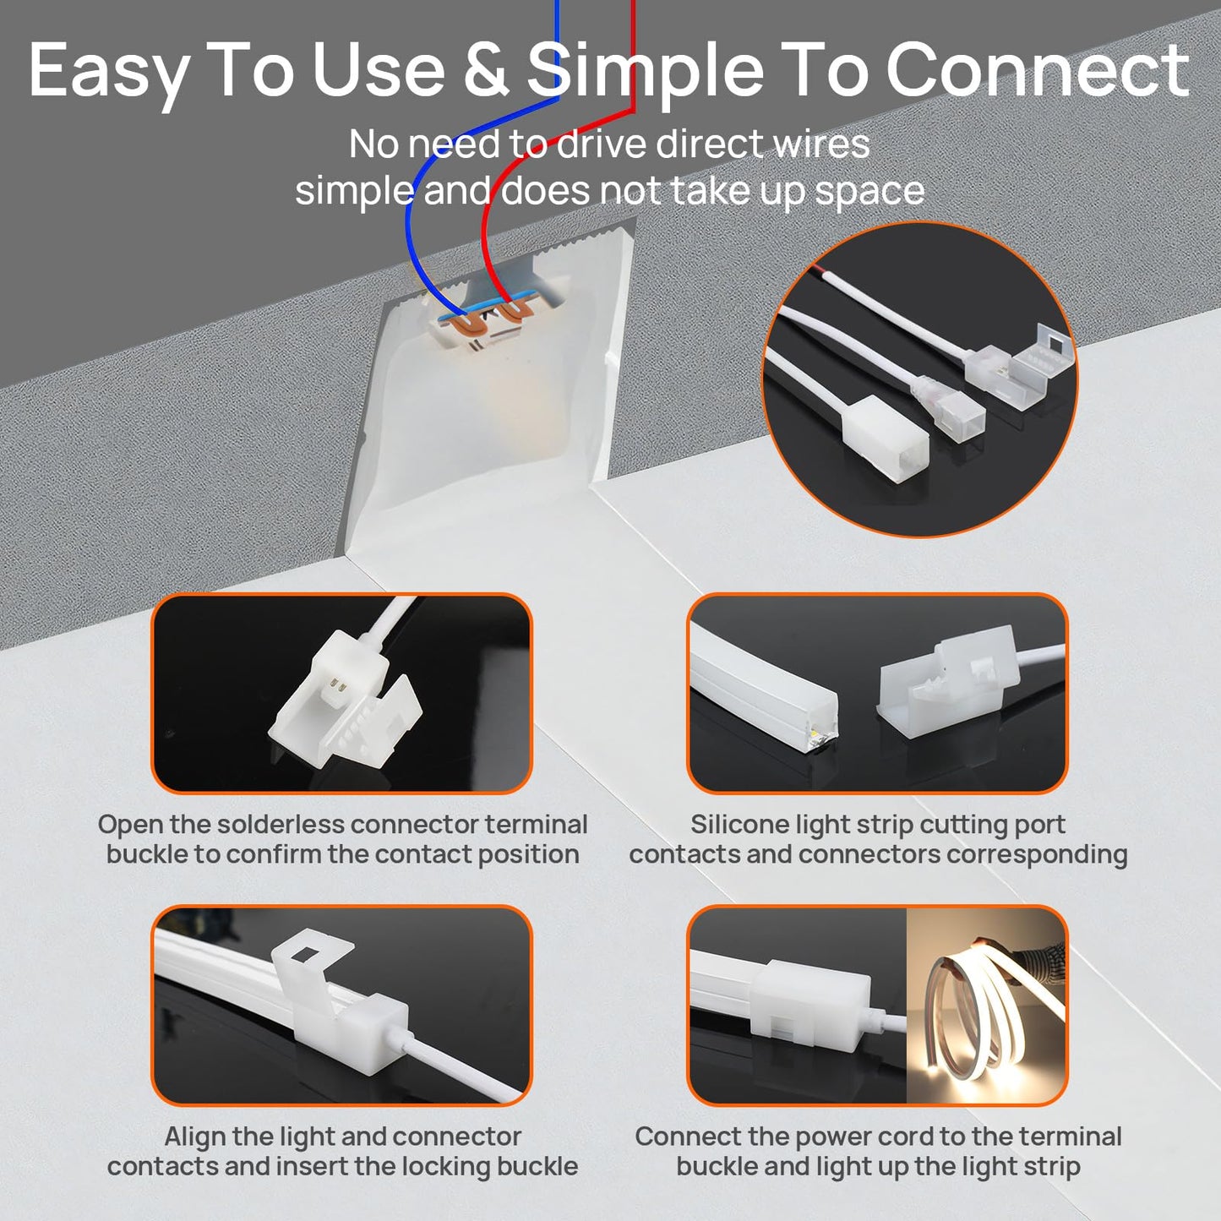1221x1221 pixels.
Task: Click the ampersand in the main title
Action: click(x=486, y=69)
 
